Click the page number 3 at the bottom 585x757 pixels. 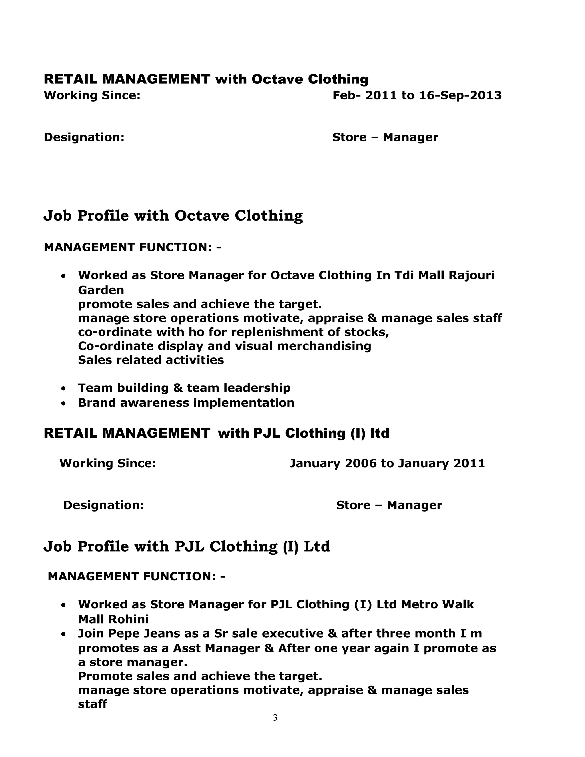coord(275,718)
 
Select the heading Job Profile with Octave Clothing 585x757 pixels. coord(173,216)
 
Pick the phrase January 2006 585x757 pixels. coord(333,463)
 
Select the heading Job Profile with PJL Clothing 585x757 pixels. coord(187,546)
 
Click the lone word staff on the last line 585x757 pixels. coord(92,704)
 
